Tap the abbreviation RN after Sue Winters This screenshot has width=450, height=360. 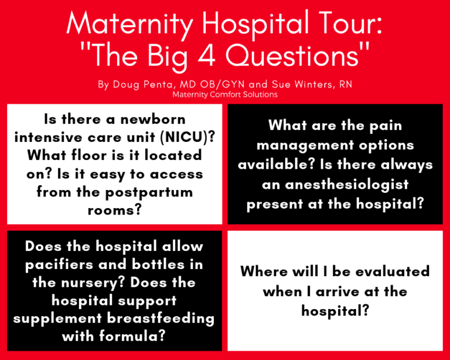[346, 84]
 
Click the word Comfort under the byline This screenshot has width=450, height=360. [226, 94]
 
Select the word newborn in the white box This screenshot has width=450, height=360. [153, 120]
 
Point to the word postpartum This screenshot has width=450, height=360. [149, 193]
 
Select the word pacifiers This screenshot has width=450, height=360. [59, 265]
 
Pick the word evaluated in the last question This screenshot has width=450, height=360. [393, 271]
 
